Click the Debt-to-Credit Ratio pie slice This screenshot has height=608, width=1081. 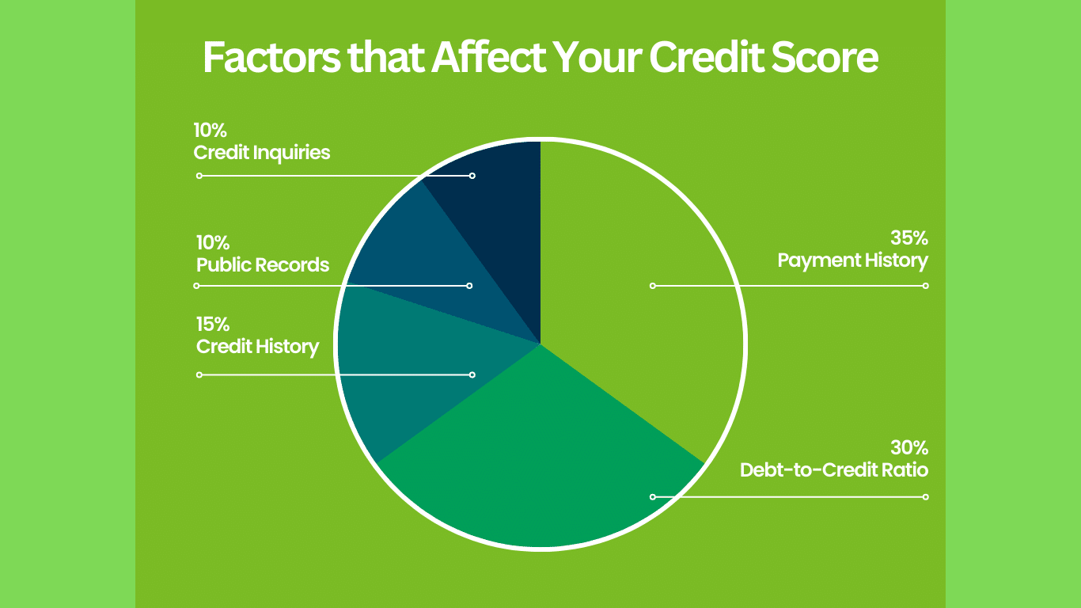[x=538, y=459]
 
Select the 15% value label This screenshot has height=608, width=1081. [x=213, y=325]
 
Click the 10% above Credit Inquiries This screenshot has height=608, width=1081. [x=210, y=130]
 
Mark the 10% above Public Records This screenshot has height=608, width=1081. [x=213, y=243]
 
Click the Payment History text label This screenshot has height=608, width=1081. [x=852, y=260]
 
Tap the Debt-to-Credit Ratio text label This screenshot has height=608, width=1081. [x=833, y=469]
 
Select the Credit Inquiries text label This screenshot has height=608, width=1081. [x=262, y=152]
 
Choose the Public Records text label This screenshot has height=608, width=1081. [x=263, y=264]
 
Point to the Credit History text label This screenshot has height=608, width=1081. [x=258, y=347]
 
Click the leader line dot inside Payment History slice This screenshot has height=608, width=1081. [x=653, y=286]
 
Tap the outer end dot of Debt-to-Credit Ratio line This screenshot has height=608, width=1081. [x=925, y=497]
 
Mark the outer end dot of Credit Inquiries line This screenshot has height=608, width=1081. [x=199, y=176]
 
